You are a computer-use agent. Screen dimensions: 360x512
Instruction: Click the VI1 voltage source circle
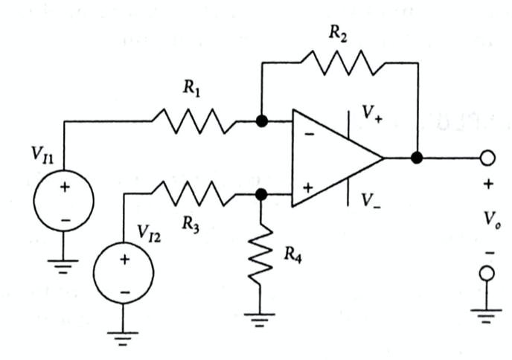tap(65, 200)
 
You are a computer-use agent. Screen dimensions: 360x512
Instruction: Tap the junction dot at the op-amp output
tap(417, 158)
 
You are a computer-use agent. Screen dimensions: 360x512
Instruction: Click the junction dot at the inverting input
tap(261, 120)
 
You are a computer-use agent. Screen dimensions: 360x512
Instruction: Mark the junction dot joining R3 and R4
tap(260, 194)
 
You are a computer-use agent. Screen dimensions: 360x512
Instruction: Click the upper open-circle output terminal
tap(488, 158)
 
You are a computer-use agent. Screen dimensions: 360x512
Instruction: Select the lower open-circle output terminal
tap(488, 274)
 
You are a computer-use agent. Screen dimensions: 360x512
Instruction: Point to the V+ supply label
tap(371, 113)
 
